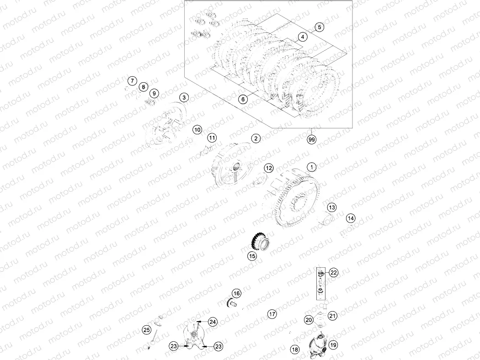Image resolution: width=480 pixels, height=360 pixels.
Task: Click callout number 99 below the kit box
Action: click(312, 139)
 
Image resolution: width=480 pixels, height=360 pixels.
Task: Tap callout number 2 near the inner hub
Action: click(255, 138)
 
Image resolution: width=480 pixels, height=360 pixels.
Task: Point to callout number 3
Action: click(183, 97)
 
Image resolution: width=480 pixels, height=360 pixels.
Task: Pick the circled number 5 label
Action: click(320, 27)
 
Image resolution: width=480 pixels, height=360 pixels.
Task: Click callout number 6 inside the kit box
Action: click(243, 99)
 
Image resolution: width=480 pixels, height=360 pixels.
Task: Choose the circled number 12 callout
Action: click(269, 168)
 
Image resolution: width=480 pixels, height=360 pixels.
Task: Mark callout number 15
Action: click(252, 256)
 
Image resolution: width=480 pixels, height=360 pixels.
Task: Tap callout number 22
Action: click(333, 273)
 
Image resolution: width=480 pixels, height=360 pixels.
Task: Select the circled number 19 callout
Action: click(333, 345)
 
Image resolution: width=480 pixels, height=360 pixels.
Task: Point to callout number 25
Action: click(146, 329)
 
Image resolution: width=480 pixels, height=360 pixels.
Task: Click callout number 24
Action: click(213, 322)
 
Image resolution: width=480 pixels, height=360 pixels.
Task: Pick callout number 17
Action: click(272, 314)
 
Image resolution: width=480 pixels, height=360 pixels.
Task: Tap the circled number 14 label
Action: click(350, 218)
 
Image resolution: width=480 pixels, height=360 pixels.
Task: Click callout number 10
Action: click(197, 130)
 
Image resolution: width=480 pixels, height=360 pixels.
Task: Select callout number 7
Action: click(132, 81)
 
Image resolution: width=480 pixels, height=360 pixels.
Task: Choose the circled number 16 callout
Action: click(236, 293)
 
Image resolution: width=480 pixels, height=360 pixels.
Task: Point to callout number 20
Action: click(309, 320)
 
